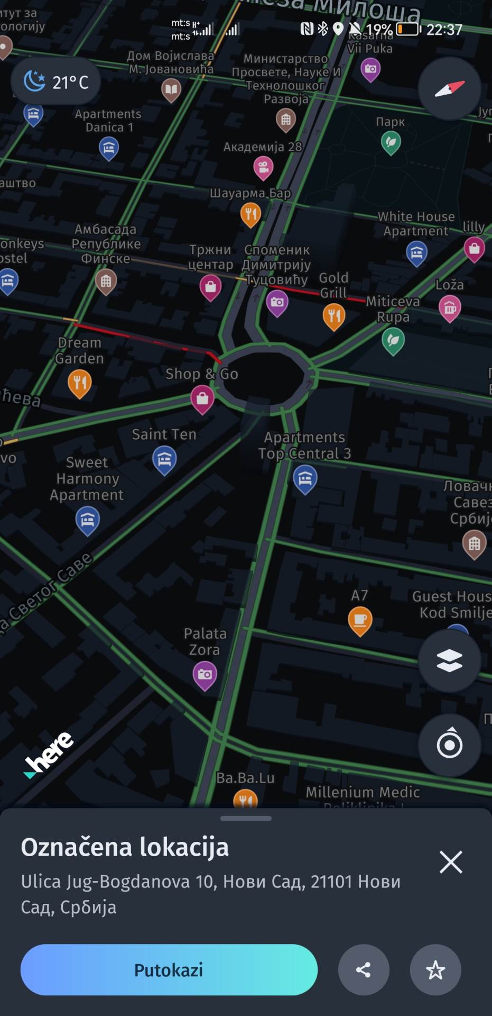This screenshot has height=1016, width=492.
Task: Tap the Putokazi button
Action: coord(169,970)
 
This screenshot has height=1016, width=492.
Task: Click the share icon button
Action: coord(364,970)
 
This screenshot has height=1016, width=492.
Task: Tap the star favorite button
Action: coord(435,970)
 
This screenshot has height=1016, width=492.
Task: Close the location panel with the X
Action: coord(451,862)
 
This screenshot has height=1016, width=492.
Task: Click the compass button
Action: coord(449,88)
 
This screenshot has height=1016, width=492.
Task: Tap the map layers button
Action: coord(449,660)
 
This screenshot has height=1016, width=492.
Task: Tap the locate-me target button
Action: coord(449,745)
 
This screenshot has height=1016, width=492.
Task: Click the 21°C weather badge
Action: coord(56,81)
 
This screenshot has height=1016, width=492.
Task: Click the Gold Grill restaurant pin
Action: coord(333,316)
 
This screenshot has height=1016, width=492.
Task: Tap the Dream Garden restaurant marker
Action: coord(80,382)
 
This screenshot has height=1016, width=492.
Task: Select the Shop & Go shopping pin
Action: coord(202,398)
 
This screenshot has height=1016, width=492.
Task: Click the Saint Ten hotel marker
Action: coord(164,459)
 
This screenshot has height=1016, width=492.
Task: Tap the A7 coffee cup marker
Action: coord(360,620)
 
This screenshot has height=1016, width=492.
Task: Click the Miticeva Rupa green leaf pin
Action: coord(393,340)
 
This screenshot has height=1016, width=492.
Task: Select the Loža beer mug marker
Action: coord(450,307)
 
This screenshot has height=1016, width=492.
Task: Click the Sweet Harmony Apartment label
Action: coord(87,478)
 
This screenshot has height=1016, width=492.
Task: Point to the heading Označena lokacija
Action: coord(125,847)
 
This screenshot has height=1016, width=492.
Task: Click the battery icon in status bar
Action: coord(408,29)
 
